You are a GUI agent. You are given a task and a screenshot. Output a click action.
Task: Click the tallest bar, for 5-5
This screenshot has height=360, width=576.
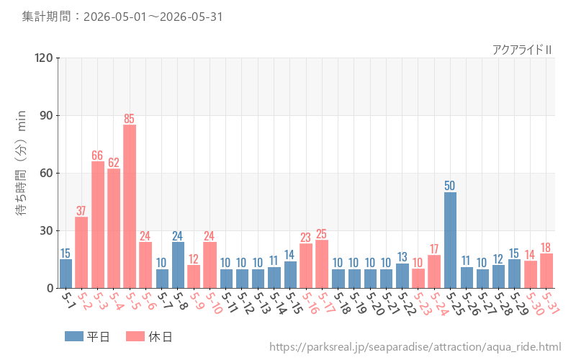pyautogui.click(x=130, y=207)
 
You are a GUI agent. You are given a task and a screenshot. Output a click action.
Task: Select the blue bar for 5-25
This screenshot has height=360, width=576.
pyautogui.click(x=450, y=240)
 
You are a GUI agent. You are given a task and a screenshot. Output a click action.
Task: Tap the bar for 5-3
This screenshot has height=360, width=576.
pyautogui.click(x=98, y=225)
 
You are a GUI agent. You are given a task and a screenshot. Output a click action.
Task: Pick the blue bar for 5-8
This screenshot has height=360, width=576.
pyautogui.click(x=178, y=265)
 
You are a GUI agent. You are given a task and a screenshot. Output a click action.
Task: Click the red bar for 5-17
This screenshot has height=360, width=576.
pyautogui.click(x=322, y=264)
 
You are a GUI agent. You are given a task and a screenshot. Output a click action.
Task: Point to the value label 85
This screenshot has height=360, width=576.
pyautogui.click(x=130, y=119)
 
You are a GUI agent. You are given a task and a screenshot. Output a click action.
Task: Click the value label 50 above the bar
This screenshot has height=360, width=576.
pyautogui.click(x=449, y=186)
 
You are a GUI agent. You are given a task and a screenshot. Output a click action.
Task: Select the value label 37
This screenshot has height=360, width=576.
pyautogui.click(x=81, y=211)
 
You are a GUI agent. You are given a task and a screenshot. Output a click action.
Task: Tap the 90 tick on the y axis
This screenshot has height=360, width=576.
pyautogui.click(x=46, y=115)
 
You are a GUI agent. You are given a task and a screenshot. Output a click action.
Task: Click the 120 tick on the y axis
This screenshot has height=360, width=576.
pyautogui.click(x=44, y=58)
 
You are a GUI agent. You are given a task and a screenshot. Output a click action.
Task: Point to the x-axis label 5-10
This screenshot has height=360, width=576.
pyautogui.click(x=213, y=303)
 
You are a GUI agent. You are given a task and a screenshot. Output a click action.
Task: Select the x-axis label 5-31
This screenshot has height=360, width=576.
pyautogui.click(x=550, y=303)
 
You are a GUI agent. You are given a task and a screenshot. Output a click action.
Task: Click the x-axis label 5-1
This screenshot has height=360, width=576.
pyautogui.click(x=67, y=300)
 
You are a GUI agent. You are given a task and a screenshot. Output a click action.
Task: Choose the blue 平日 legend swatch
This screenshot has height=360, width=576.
pyautogui.click(x=74, y=336)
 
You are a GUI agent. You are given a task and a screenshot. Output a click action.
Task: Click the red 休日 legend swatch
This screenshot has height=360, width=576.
pyautogui.click(x=135, y=336)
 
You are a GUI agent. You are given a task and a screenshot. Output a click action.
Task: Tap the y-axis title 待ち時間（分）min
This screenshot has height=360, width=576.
pyautogui.click(x=22, y=163)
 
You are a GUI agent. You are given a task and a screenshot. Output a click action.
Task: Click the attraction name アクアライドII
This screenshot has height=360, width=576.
pyautogui.click(x=522, y=50)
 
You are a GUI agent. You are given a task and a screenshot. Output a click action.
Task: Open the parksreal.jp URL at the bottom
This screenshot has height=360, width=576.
pyautogui.click(x=415, y=347)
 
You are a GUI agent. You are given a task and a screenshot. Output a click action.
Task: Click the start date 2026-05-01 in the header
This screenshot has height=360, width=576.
pyautogui.click(x=115, y=17)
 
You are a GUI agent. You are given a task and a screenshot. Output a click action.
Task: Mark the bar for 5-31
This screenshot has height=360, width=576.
pyautogui.click(x=546, y=271)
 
